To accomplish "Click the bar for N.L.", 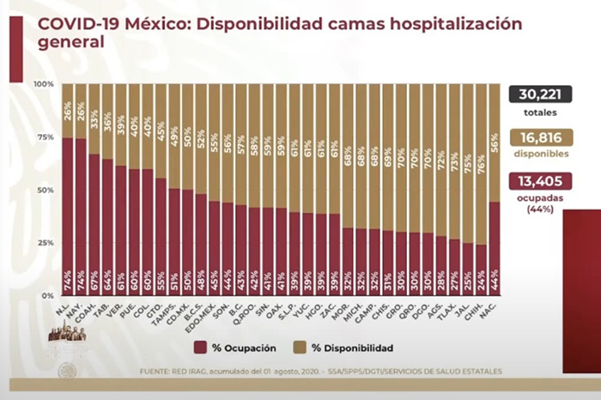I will [67, 215].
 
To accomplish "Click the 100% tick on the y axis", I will [44, 84].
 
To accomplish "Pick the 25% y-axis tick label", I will [45, 243].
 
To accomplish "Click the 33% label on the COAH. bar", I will [94, 112].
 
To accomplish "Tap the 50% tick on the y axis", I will [45, 190].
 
